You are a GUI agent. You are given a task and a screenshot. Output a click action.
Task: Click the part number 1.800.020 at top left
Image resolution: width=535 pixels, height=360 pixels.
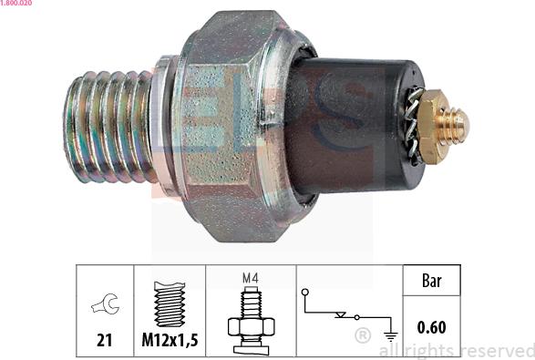15,3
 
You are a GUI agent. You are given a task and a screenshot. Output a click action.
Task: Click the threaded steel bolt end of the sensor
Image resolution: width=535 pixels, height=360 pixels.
108,127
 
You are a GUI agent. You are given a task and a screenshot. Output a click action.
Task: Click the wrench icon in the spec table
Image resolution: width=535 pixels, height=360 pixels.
105,303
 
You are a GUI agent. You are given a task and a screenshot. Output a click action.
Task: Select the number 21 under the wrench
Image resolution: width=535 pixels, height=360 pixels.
105,340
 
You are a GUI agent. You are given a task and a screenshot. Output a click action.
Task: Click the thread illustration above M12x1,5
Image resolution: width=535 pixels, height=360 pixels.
170,303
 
